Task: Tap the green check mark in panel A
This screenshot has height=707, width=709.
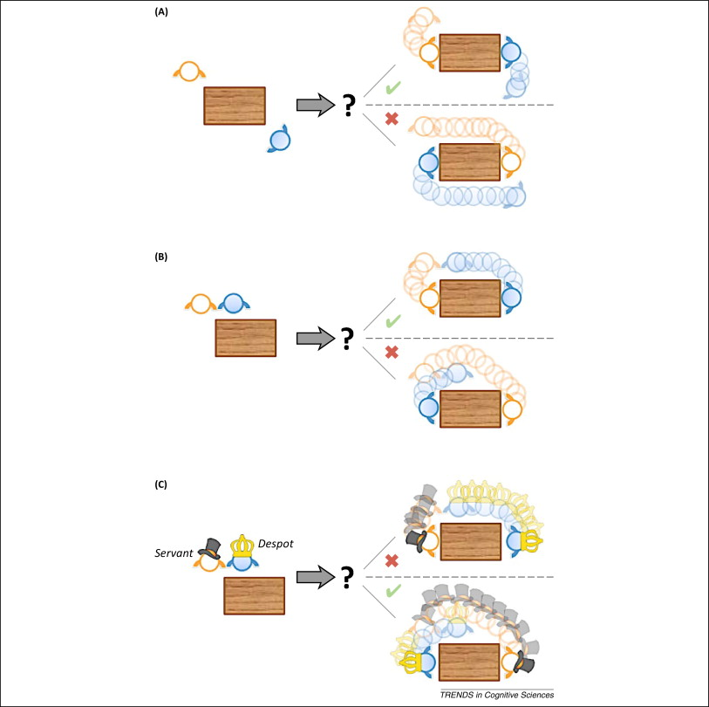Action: [x=393, y=88]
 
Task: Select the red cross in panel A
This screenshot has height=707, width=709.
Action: [x=392, y=118]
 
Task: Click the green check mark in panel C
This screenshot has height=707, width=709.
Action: [x=393, y=591]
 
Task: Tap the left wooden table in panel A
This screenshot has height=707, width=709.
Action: [x=234, y=106]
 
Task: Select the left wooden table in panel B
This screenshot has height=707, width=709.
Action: [x=245, y=338]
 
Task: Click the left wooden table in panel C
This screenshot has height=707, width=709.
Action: [x=255, y=597]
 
